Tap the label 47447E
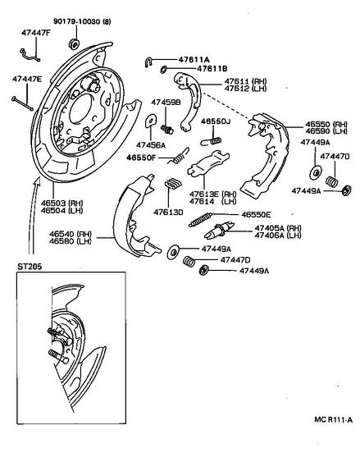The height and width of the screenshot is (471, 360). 27,79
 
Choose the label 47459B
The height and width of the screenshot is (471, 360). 166,103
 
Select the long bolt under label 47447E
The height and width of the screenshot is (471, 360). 22,103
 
